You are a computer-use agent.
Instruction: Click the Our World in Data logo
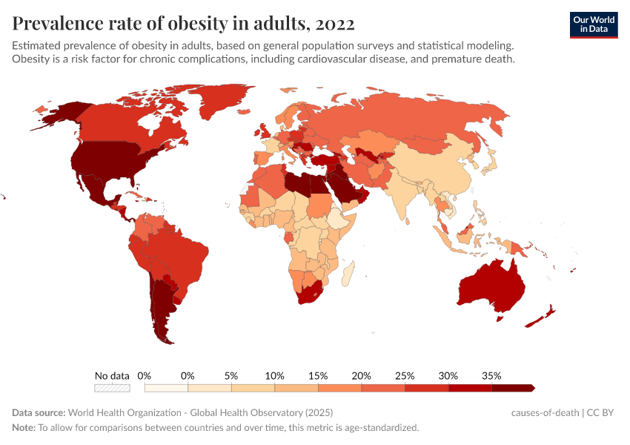pos(593,24)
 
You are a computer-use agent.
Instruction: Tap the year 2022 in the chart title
pos(334,24)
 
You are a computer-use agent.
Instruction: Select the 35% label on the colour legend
pos(491,375)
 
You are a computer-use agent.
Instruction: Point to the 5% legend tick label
pos(231,375)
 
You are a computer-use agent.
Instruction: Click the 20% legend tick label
pos(362,375)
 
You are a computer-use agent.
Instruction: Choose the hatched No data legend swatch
pos(112,387)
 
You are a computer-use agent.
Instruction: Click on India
pos(403,190)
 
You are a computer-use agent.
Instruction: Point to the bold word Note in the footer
pos(24,428)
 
